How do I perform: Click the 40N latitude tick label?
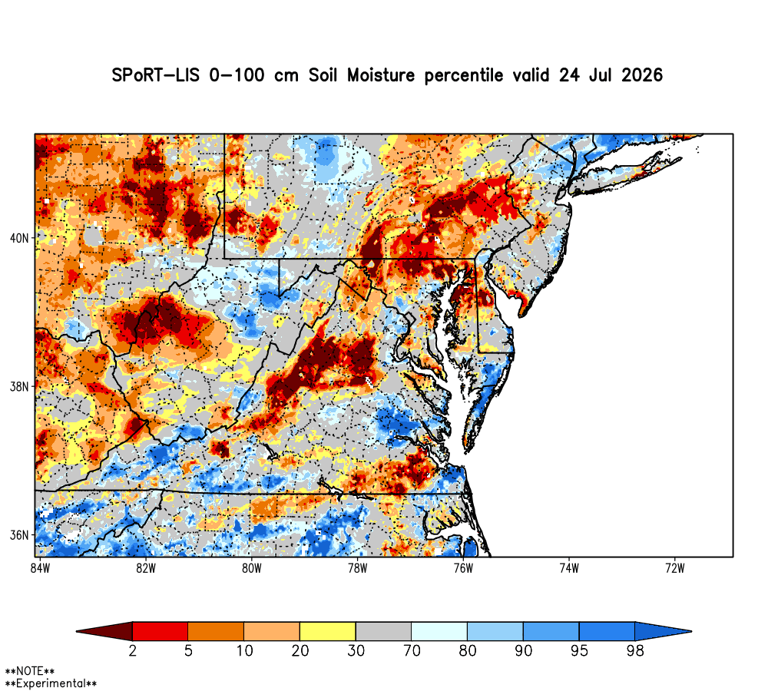point(20,239)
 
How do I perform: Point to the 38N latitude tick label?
point(20,387)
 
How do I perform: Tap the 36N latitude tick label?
point(20,535)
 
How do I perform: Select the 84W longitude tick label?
point(40,568)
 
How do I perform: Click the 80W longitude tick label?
point(252,568)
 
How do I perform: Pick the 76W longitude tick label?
point(463,568)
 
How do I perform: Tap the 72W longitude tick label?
point(675,568)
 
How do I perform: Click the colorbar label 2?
point(132,651)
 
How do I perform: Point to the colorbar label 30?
point(356,651)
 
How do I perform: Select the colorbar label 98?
point(635,651)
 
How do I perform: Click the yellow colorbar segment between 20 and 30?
point(328,631)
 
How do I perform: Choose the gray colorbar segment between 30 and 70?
point(383,631)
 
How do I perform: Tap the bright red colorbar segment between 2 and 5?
point(161,631)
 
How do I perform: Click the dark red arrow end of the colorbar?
point(104,631)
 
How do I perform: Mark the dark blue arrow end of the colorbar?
point(664,631)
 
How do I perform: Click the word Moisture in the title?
point(381,75)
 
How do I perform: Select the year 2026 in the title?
point(642,75)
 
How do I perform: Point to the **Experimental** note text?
point(51,683)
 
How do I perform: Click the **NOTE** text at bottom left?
point(30,671)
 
